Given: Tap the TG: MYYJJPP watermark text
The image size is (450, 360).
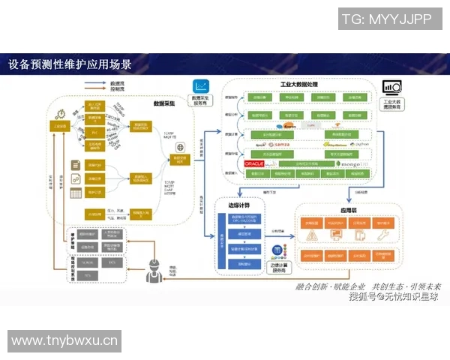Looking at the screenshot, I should tap(385, 19).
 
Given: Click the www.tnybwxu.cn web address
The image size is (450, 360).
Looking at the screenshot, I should tap(65, 341).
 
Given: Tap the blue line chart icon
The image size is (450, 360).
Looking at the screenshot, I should tap(201, 86).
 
